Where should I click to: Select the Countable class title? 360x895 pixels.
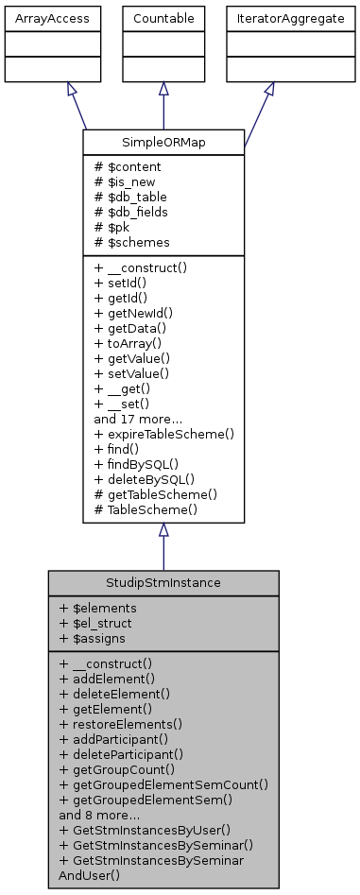pyautogui.click(x=163, y=18)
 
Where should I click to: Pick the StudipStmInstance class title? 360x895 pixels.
pyautogui.click(x=163, y=582)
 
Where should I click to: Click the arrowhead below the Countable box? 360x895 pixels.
pyautogui.click(x=163, y=87)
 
